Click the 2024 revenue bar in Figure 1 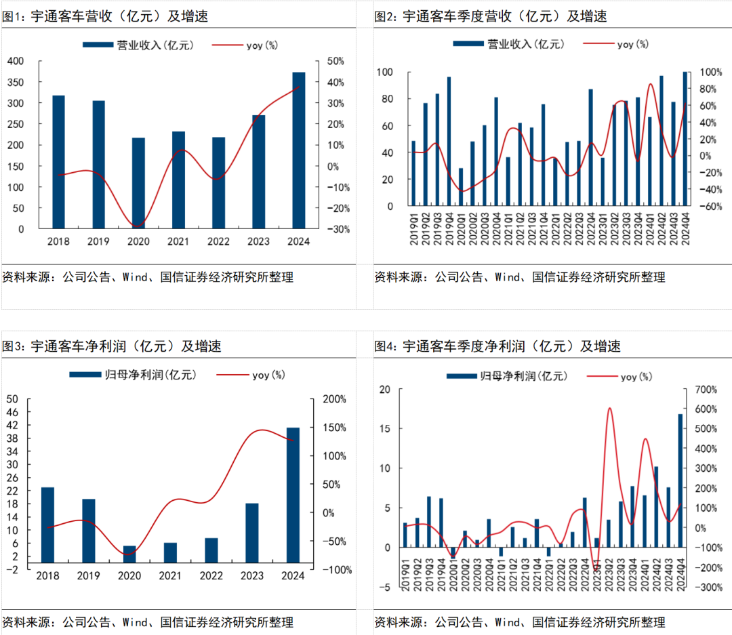[299, 150]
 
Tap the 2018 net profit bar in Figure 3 [47, 525]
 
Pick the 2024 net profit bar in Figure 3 [293, 495]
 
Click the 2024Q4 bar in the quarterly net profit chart [680, 480]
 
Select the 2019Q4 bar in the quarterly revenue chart [449, 141]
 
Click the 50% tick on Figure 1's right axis [335, 61]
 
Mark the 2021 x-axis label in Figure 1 [178, 242]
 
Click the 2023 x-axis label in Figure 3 [252, 576]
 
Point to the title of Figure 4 [498, 346]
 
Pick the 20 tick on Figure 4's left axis [386, 390]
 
